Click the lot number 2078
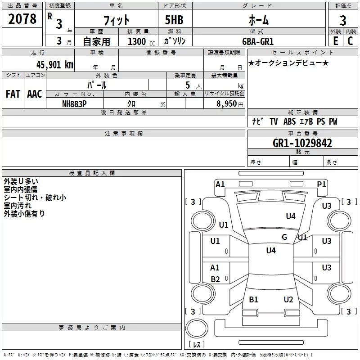(x=22, y=19)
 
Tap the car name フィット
(x=117, y=20)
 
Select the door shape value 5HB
(x=174, y=20)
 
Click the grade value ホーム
(x=259, y=20)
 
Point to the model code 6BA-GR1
(x=258, y=41)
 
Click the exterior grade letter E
(x=336, y=41)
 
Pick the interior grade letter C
(x=350, y=41)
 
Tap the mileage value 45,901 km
(x=55, y=64)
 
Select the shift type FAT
(x=13, y=94)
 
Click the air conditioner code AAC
(x=35, y=94)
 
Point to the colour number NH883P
(x=74, y=104)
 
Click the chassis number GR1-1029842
(x=302, y=143)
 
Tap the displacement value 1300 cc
(x=141, y=41)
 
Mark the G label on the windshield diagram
(x=284, y=237)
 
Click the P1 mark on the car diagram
(x=321, y=184)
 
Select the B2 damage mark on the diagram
(x=215, y=279)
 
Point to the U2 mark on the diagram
(x=288, y=299)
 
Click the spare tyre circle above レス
(x=197, y=328)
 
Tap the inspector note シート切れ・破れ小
(x=35, y=198)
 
